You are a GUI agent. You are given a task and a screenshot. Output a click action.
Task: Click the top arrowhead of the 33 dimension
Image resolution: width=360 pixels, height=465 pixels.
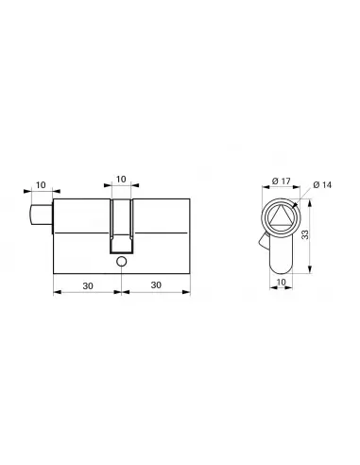[305, 200]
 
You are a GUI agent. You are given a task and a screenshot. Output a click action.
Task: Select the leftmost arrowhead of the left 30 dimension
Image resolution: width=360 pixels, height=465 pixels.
[55, 293]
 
